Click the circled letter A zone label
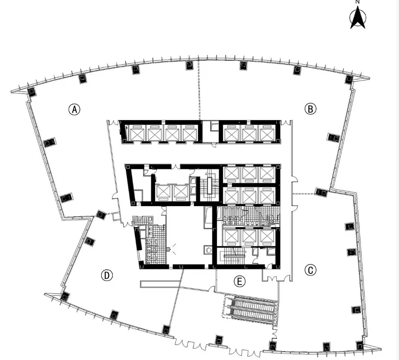point(74,109)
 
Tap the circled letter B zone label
point(311,109)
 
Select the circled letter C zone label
point(311,270)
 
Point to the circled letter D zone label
point(107,275)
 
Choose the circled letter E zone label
point(240,281)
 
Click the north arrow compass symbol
point(358,17)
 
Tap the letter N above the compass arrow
point(358,2)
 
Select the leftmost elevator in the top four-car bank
point(137,133)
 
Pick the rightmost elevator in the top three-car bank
point(267,133)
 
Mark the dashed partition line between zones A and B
point(199,89)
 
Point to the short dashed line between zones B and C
point(304,194)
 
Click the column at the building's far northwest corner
point(32,91)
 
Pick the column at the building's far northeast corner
point(349,79)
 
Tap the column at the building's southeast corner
point(360,346)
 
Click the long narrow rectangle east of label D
point(161,284)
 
